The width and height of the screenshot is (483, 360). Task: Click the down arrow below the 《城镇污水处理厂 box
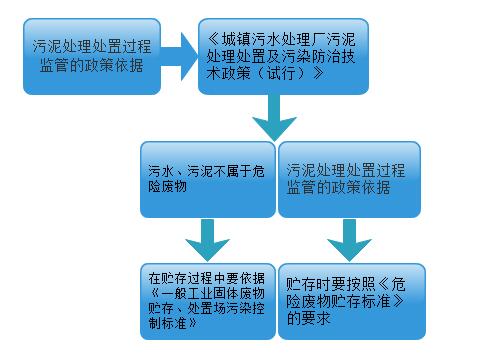click(x=277, y=123)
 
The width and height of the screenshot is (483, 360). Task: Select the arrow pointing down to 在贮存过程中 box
click(x=206, y=239)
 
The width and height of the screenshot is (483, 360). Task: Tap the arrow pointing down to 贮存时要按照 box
click(x=351, y=239)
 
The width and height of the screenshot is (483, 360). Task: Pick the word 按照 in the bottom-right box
click(x=363, y=283)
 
